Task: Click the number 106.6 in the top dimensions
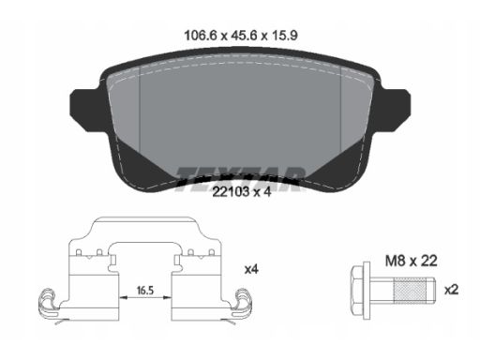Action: click(201, 36)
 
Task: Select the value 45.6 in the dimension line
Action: click(244, 36)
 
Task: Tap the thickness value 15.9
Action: click(285, 36)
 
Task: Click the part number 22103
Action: click(231, 191)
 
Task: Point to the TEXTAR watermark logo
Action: click(240, 179)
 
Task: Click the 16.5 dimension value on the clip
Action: click(145, 291)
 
